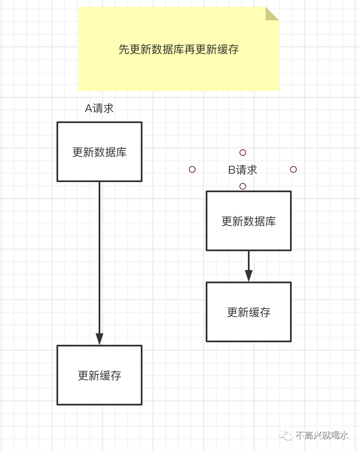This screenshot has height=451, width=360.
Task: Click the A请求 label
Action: [99, 109]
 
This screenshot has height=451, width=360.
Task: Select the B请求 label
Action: [243, 170]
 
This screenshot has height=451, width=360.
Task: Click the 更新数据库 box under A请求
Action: [99, 152]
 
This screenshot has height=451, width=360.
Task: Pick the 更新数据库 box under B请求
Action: [249, 221]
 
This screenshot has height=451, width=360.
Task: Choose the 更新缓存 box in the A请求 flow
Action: [99, 375]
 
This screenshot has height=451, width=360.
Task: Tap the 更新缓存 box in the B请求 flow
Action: [249, 312]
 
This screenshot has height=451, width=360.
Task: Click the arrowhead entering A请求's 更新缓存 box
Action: [99, 339]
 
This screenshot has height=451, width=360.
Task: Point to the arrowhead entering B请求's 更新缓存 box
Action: [249, 276]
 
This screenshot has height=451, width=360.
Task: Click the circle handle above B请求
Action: [243, 153]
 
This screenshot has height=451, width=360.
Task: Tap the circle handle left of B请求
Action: [192, 169]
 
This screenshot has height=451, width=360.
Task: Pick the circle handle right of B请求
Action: [293, 169]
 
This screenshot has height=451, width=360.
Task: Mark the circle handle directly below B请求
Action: [243, 186]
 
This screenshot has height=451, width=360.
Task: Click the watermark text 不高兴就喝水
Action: [322, 435]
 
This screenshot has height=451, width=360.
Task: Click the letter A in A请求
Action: [89, 109]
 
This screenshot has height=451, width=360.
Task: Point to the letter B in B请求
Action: [232, 170]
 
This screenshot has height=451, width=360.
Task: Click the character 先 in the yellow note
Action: [124, 49]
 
